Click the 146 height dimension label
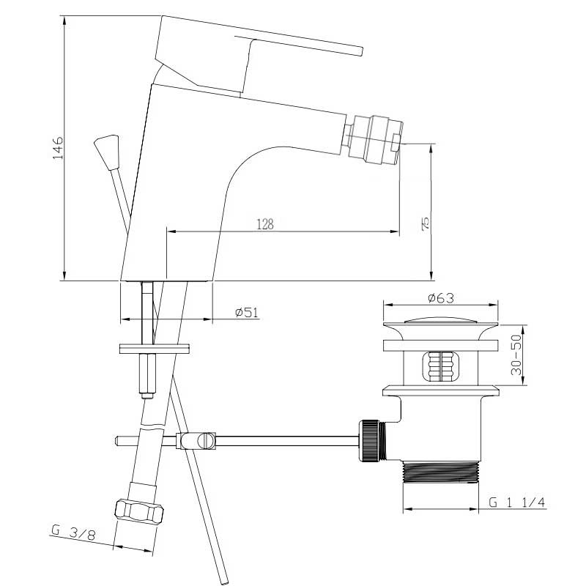coord(58,148)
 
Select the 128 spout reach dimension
coord(265,224)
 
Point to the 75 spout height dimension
coord(426,223)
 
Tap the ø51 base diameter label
coord(247,312)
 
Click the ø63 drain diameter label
coord(441,298)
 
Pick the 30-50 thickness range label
coord(516,355)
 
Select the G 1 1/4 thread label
coord(517,502)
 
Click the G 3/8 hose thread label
coord(74,533)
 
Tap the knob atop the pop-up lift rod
coord(107,152)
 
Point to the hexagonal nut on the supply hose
coord(139,511)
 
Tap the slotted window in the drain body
coord(441,367)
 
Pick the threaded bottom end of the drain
coord(441,472)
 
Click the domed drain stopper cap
coord(441,320)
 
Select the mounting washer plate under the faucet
coord(155,349)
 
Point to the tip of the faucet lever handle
coord(361,51)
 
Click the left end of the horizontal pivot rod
coord(117,441)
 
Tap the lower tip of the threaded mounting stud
coord(147,396)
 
